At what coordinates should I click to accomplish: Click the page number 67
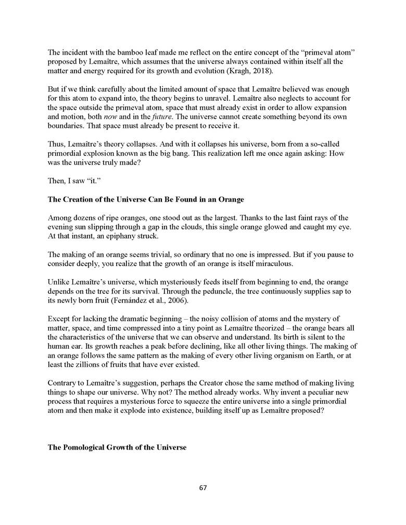[203, 488]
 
